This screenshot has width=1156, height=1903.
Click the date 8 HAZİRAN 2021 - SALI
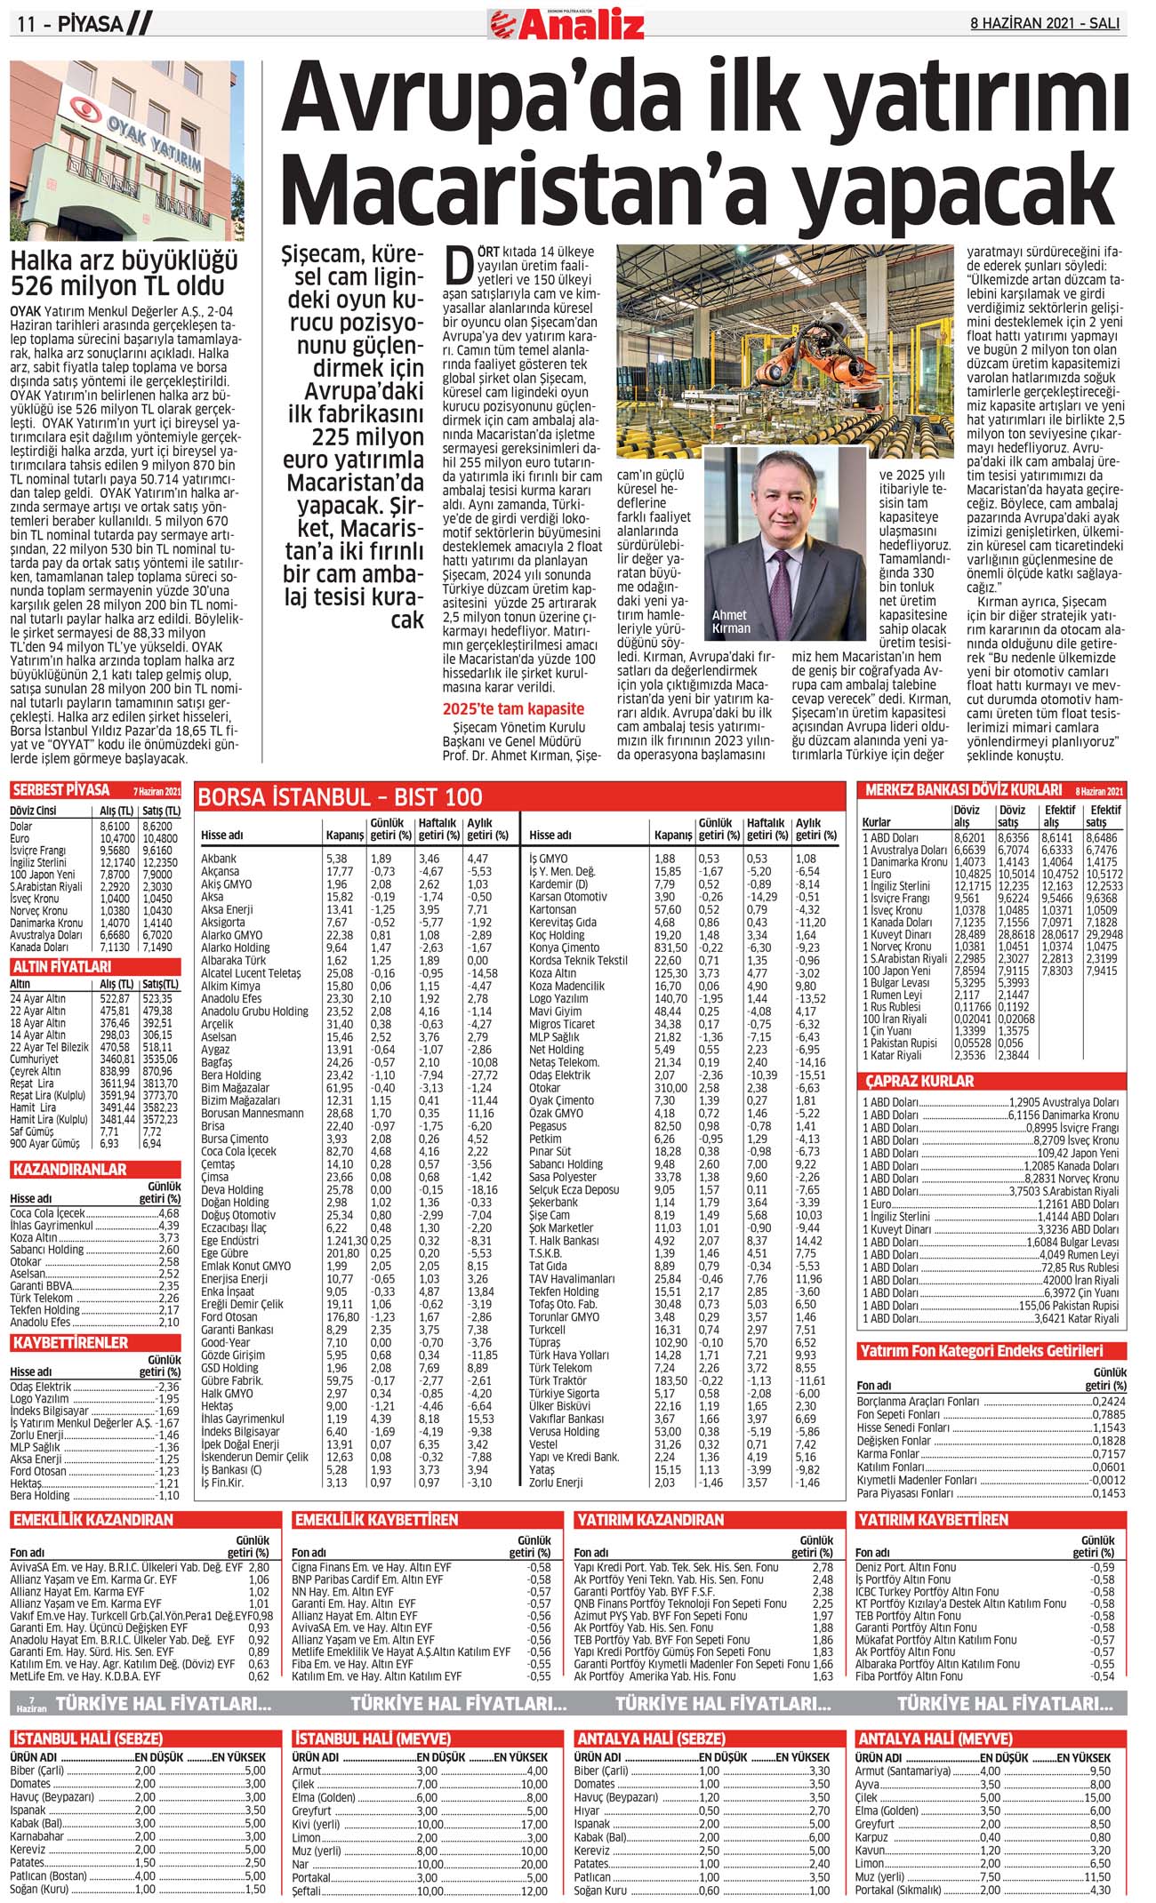point(1046,24)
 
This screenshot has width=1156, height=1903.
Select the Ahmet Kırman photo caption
point(731,621)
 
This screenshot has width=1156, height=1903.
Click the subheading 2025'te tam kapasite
point(513,708)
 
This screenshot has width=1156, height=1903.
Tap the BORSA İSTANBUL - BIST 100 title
point(341,796)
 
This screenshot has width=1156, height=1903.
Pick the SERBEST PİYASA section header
point(60,790)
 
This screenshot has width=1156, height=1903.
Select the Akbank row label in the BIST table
point(219,859)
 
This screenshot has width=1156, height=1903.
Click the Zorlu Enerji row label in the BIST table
point(557,1482)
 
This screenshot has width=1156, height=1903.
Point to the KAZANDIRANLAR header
point(69,1170)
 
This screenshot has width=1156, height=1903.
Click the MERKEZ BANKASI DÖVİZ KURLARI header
point(963,789)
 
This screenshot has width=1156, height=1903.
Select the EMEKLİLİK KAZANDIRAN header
point(92,1520)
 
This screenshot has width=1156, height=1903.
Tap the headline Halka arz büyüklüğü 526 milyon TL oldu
point(124,274)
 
